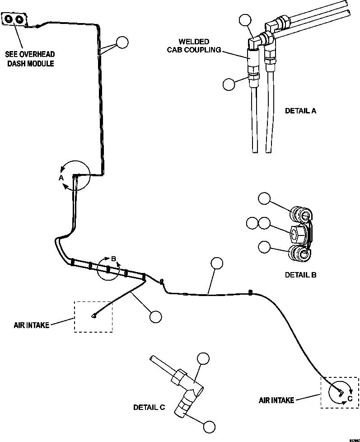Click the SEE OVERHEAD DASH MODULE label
point(30,59)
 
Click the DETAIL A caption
point(300,110)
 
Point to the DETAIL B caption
point(300,274)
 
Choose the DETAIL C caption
point(149,407)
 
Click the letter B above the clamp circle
point(114,259)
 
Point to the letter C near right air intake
point(349,398)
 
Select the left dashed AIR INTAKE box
point(93,317)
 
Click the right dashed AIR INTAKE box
point(339,392)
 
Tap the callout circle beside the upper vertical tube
point(122,42)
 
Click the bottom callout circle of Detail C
point(209,426)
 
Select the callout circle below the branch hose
point(155,317)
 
